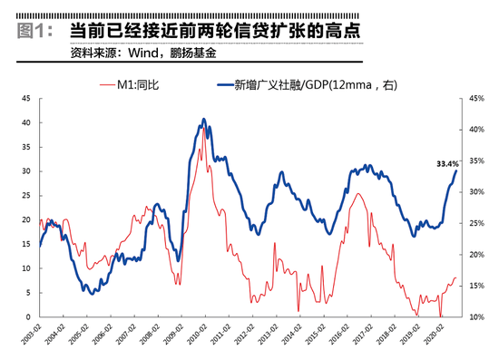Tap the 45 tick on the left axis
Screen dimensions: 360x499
tap(27, 97)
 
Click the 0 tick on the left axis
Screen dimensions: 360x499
tap(30, 317)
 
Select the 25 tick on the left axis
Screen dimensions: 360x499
tap(27, 195)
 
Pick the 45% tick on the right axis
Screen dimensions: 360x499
tap(473, 97)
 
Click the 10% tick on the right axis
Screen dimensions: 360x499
tap(473, 317)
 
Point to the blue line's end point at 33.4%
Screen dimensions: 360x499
tap(456, 171)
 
